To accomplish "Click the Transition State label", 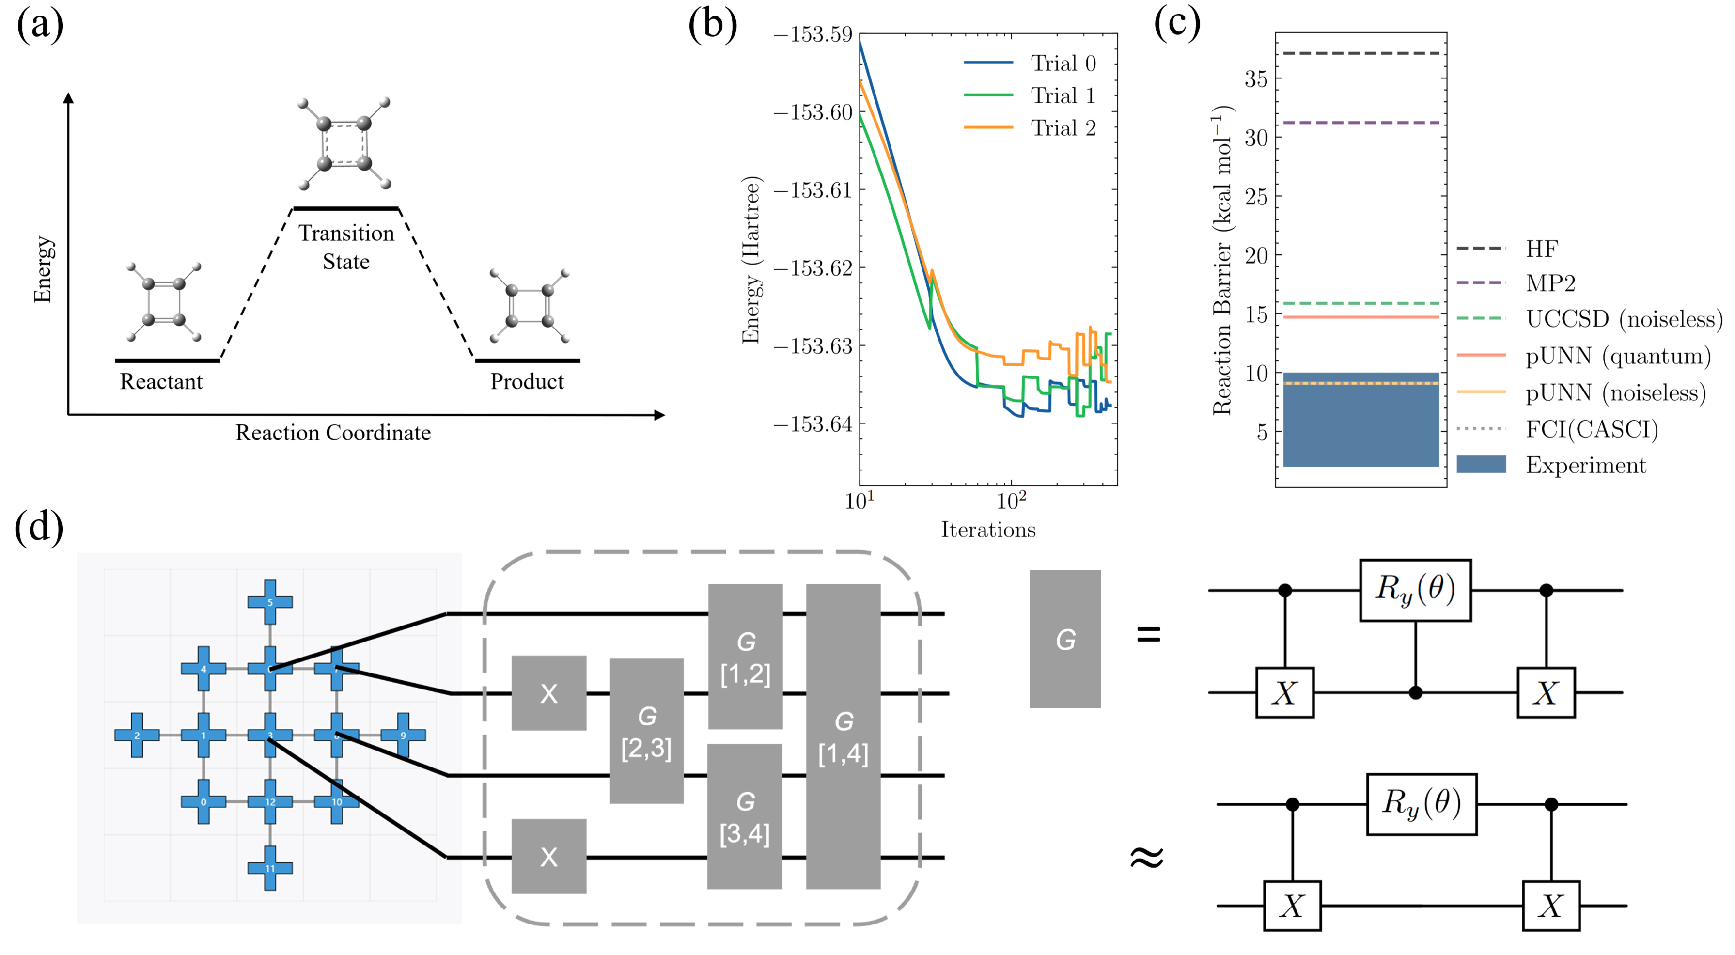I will click(346, 247).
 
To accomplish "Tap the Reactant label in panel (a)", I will click(161, 382).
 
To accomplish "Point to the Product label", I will click(527, 382).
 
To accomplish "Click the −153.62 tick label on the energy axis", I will click(813, 268).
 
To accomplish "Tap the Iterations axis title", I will click(988, 530).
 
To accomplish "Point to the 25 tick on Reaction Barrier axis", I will click(1257, 197).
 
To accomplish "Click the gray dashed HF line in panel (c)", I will click(1360, 53).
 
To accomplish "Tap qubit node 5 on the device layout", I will click(270, 602).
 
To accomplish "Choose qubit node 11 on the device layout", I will click(270, 868).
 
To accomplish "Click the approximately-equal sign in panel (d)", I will click(1147, 857).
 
